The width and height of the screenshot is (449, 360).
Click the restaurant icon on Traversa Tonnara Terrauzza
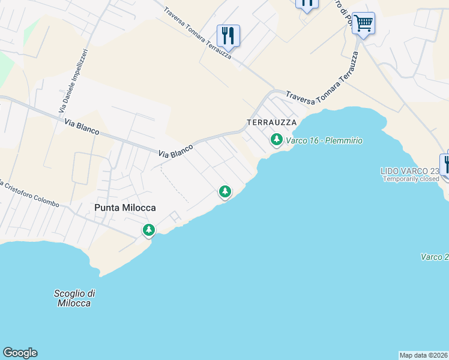pos(228,35)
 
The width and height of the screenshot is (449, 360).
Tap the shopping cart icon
pos(363,23)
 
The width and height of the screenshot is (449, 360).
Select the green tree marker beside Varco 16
pos(276,140)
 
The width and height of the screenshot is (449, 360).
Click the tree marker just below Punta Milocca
pos(148,230)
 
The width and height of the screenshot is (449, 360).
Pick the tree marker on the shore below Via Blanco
pos(224,192)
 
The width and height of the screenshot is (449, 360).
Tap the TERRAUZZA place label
pos(271,122)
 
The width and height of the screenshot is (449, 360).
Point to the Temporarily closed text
pos(411,179)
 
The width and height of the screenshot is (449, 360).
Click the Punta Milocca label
pos(125,208)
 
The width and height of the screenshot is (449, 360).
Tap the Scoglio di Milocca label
pos(74,298)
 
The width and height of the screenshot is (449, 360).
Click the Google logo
pos(20,353)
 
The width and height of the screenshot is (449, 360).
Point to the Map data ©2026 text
pos(423,355)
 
